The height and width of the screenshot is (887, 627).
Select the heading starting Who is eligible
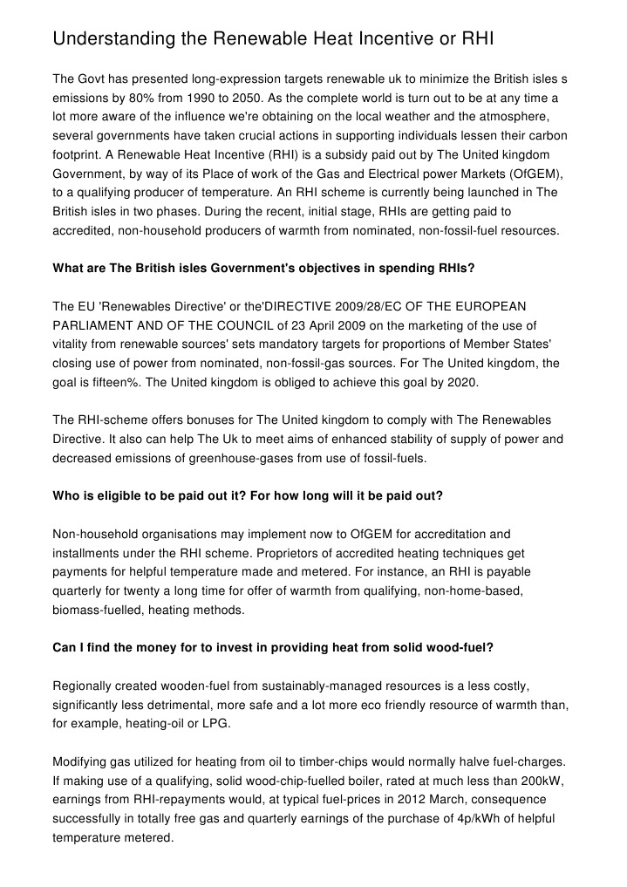pos(248,495)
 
